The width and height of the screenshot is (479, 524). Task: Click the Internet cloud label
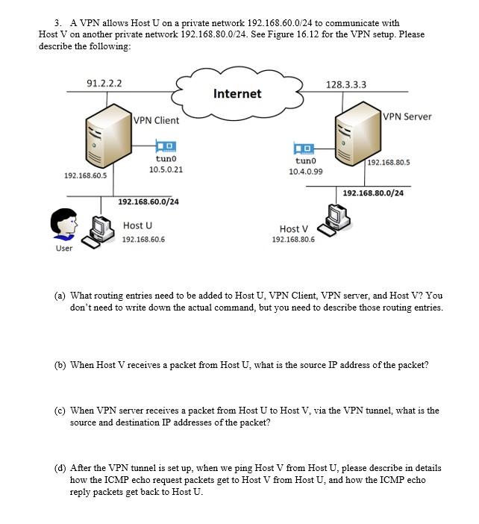click(237, 93)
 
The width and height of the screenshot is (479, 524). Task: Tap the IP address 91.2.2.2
click(104, 84)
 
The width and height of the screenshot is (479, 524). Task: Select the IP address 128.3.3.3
click(346, 84)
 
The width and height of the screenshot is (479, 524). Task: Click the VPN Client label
click(157, 120)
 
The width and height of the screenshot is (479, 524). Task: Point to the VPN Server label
click(407, 116)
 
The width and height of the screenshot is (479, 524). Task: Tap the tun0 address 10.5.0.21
click(166, 169)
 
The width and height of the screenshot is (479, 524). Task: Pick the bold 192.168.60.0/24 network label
click(148, 202)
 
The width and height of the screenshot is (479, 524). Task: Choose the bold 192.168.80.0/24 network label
click(373, 193)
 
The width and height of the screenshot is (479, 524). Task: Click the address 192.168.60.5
click(85, 175)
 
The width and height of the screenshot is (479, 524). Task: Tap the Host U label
click(137, 225)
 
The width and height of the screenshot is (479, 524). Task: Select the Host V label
click(293, 228)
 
